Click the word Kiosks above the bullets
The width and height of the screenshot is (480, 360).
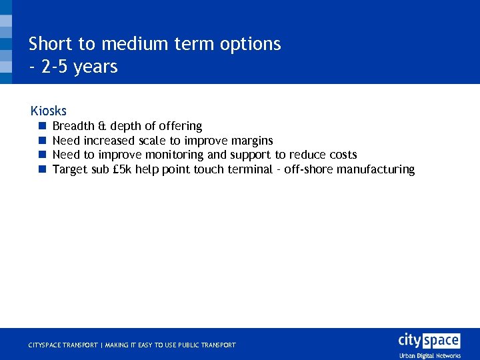pos(49,111)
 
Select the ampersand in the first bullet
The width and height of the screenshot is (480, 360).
pos(102,126)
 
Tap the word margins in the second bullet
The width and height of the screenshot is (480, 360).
pos(252,141)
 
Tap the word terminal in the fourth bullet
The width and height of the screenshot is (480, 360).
pos(250,169)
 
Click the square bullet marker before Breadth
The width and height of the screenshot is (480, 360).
pos(41,126)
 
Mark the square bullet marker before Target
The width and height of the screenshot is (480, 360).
pos(41,169)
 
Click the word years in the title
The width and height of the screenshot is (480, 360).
pos(97,67)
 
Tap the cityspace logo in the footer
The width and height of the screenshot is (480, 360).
pos(429,340)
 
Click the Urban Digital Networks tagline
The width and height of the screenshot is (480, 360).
pos(430,356)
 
